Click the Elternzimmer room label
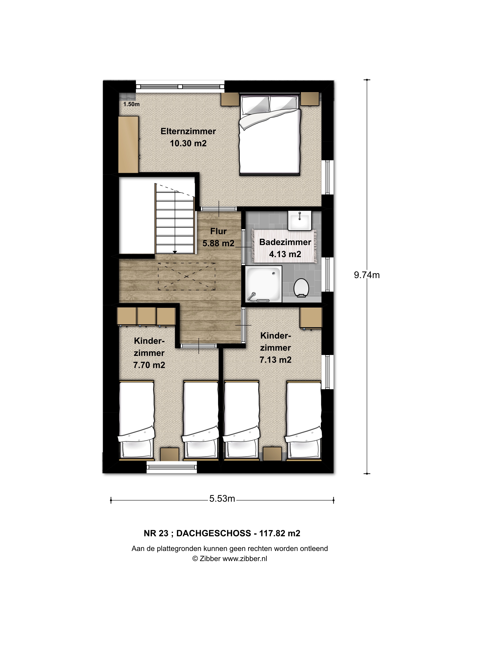(188, 132)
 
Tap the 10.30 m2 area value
(188, 143)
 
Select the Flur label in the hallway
(218, 231)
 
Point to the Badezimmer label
(285, 242)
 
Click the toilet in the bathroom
(301, 288)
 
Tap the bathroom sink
(300, 220)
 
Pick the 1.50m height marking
(131, 104)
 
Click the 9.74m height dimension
(367, 275)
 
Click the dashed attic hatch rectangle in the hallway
(187, 276)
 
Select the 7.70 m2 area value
(149, 365)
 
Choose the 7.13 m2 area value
(275, 360)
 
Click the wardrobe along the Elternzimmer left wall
(128, 145)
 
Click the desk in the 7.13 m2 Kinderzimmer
(311, 318)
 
